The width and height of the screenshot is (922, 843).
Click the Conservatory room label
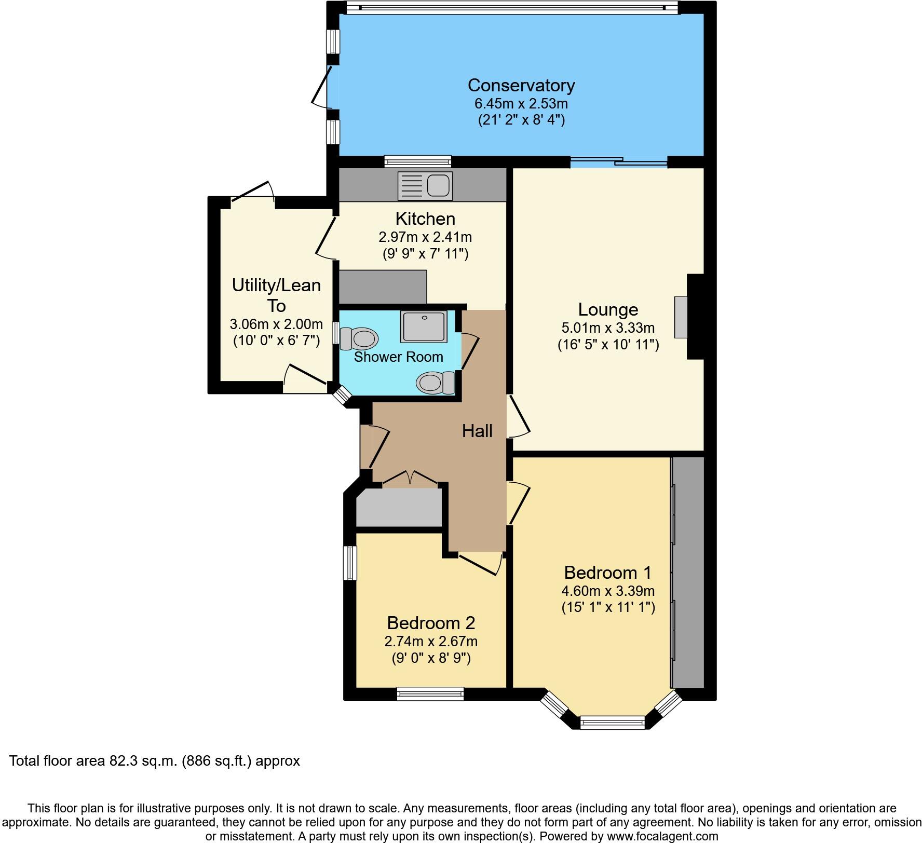521,85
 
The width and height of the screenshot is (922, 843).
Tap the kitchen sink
425,185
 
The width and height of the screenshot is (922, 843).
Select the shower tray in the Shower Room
424,327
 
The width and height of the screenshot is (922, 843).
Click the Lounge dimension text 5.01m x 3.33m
608,328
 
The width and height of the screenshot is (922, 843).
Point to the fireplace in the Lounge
681,317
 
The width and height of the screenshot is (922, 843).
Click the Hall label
477,431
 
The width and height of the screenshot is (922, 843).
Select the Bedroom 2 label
431,622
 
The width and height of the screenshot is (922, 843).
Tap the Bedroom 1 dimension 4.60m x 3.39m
608,591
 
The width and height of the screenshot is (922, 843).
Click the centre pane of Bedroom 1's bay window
613,722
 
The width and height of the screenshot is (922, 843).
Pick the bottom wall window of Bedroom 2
430,693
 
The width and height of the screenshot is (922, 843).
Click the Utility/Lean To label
276,295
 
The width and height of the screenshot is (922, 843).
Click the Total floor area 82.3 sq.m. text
155,761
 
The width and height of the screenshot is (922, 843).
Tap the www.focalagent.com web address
663,836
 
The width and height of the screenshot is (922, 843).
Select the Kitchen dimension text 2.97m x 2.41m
425,237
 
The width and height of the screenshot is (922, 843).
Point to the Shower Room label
398,357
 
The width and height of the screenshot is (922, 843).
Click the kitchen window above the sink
418,161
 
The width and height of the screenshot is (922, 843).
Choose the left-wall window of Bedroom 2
351,562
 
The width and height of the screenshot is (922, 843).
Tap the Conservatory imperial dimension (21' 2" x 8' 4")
521,120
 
